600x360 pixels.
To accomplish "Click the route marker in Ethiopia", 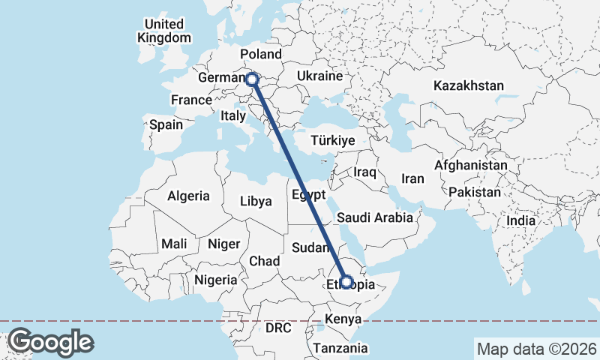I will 346,283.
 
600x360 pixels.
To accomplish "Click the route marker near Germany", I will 252,78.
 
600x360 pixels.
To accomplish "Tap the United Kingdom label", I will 164,31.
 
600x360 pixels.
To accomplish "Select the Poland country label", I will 260,54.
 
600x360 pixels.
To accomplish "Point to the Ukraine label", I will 319,76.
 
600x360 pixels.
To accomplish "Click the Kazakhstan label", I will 468,85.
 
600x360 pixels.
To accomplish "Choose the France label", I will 191,100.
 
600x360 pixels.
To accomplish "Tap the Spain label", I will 166,124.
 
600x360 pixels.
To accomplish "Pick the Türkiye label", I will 334,140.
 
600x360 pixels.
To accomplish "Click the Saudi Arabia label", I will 375,217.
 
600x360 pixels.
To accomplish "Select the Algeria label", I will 188,196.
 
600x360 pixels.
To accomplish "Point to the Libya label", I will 256,201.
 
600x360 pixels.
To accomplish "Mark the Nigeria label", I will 215,280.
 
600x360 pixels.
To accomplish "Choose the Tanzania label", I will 341,348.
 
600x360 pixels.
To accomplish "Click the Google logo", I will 50,342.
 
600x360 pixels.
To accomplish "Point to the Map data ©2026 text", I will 535,349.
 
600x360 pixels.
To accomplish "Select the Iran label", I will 413,178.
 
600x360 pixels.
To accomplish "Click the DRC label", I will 278,328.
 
